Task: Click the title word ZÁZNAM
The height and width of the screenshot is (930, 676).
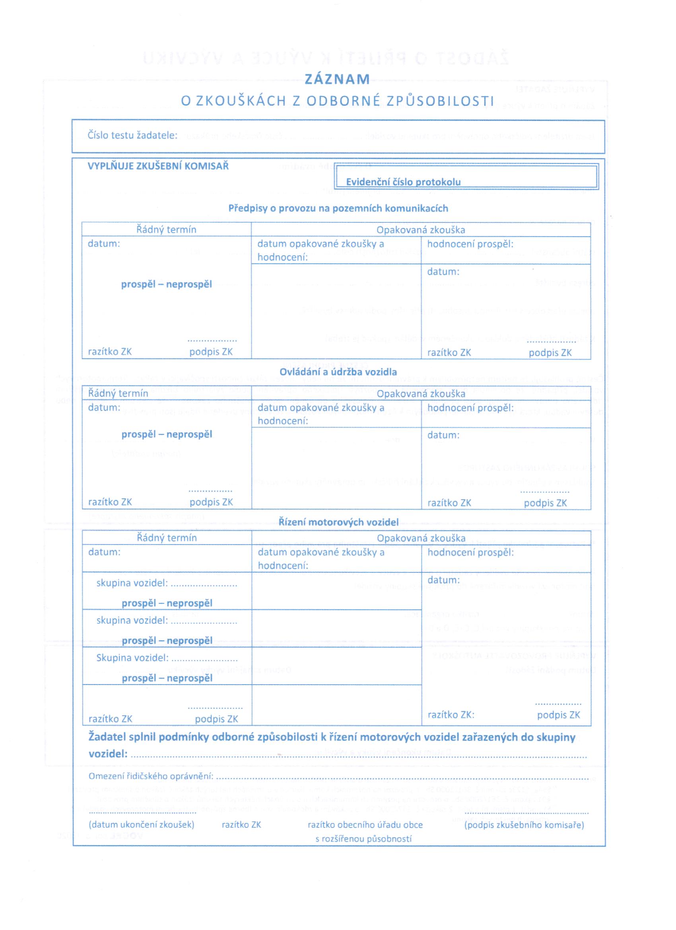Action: (x=337, y=79)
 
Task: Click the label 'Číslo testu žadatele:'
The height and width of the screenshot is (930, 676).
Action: (x=132, y=135)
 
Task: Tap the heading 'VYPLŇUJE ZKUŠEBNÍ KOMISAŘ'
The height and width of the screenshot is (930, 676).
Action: (x=158, y=166)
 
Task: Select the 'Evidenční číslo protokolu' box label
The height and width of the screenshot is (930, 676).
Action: (x=403, y=182)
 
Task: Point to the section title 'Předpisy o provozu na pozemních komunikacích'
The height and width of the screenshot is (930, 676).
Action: (x=338, y=208)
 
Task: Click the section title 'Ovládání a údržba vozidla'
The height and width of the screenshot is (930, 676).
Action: (x=338, y=372)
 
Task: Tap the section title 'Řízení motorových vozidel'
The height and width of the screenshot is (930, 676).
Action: (x=338, y=522)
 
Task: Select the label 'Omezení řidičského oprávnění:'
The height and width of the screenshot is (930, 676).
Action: (x=151, y=776)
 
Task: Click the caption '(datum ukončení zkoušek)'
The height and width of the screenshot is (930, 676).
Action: (x=142, y=825)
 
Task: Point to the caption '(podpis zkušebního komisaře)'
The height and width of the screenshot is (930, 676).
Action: (x=524, y=825)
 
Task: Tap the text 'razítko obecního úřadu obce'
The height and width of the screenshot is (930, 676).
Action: (x=365, y=825)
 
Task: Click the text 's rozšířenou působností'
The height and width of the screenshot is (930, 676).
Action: (x=363, y=839)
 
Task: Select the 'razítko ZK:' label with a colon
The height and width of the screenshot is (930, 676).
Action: (x=451, y=715)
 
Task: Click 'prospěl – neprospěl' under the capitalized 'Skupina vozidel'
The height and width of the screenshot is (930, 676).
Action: (x=167, y=678)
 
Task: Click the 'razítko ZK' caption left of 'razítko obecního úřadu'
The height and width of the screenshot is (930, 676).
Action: (x=241, y=825)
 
